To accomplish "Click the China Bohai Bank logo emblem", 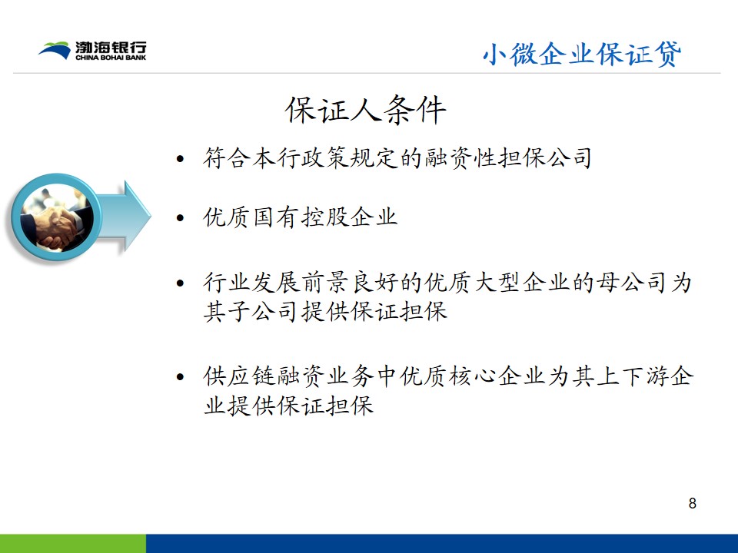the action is pos(55,51).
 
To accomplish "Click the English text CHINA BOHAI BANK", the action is pos(111,58).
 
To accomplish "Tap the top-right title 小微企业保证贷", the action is pos(582,54).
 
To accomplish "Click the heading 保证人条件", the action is pos(365,110).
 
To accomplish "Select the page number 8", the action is pos(692,503).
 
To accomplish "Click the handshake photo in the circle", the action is pos(56,217).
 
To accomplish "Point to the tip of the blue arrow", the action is pos(151,217).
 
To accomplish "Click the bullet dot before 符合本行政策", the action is pos(180,160).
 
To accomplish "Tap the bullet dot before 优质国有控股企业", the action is pos(180,218).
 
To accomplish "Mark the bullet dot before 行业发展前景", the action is pos(180,283).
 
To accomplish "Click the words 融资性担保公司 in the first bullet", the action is pos(508,158).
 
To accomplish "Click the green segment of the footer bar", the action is pos(73,544).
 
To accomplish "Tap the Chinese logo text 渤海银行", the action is pos(111,48).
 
